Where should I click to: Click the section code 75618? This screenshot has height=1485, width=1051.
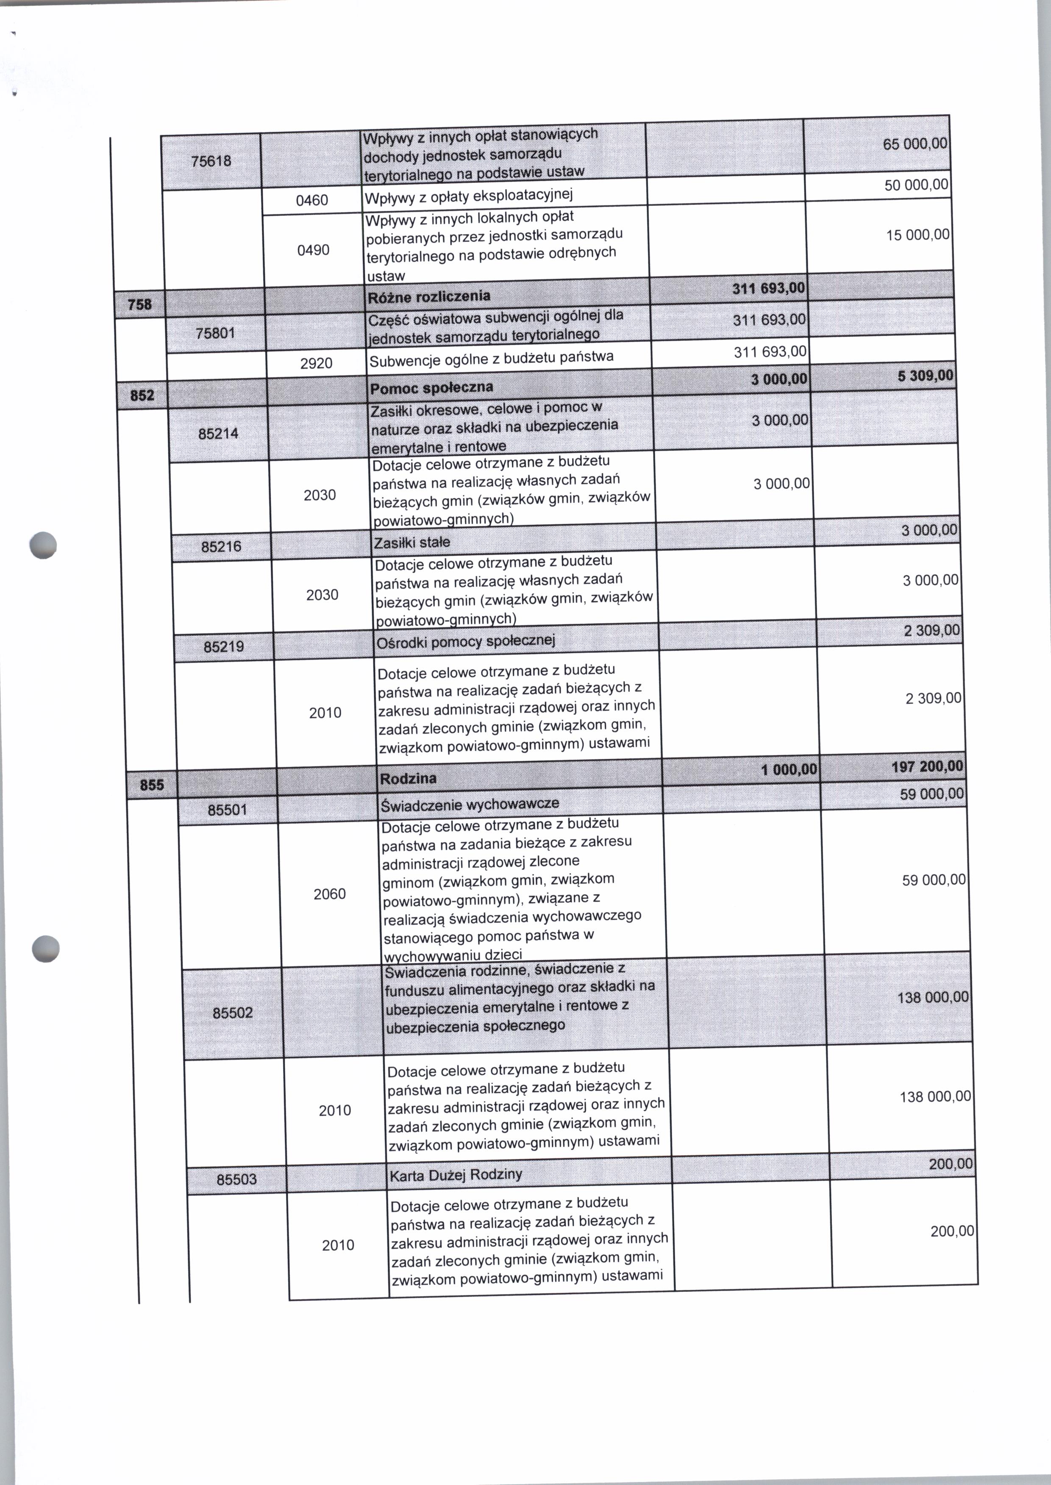[211, 161]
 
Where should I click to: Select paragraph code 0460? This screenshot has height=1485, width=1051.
[312, 201]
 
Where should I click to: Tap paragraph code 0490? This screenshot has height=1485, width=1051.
[313, 250]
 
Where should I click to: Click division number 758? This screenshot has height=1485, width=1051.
[140, 304]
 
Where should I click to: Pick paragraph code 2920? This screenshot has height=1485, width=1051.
[317, 363]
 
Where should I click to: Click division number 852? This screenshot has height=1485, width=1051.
[142, 395]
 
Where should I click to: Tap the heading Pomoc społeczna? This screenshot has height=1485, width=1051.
[432, 387]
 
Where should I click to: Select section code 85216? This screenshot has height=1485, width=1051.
[221, 547]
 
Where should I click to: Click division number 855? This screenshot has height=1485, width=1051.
[152, 785]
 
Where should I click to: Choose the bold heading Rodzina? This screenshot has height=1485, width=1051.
[409, 778]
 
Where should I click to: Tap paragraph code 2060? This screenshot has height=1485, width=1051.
[329, 894]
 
